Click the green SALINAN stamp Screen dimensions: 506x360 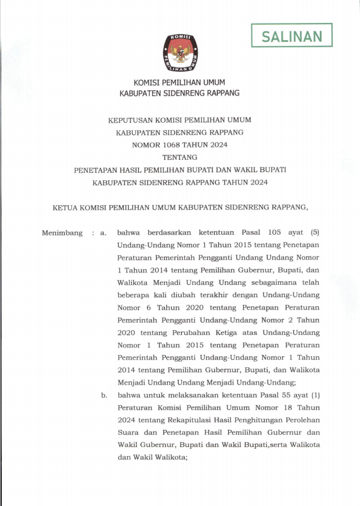[292, 35]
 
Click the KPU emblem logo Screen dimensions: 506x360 [179, 54]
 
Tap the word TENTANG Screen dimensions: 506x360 [179, 157]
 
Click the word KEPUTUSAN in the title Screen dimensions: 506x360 [129, 119]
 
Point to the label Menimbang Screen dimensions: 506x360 [62, 233]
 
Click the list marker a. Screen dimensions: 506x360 [103, 233]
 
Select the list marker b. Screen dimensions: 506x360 [104, 395]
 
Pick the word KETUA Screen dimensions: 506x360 [66, 208]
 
